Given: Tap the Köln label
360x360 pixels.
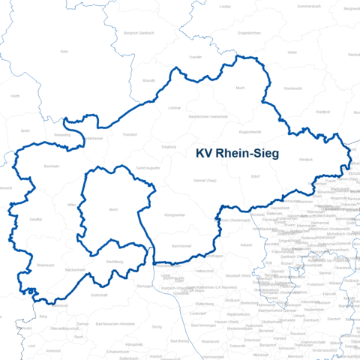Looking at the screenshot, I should pyautogui.click(x=64, y=52).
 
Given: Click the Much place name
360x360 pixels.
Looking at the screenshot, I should pyautogui.click(x=241, y=88).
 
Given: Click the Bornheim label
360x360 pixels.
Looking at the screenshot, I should pyautogui.click(x=51, y=166).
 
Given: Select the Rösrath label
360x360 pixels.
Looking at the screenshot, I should pyautogui.click(x=148, y=80).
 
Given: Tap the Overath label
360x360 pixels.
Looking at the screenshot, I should pyautogui.click(x=195, y=56).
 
